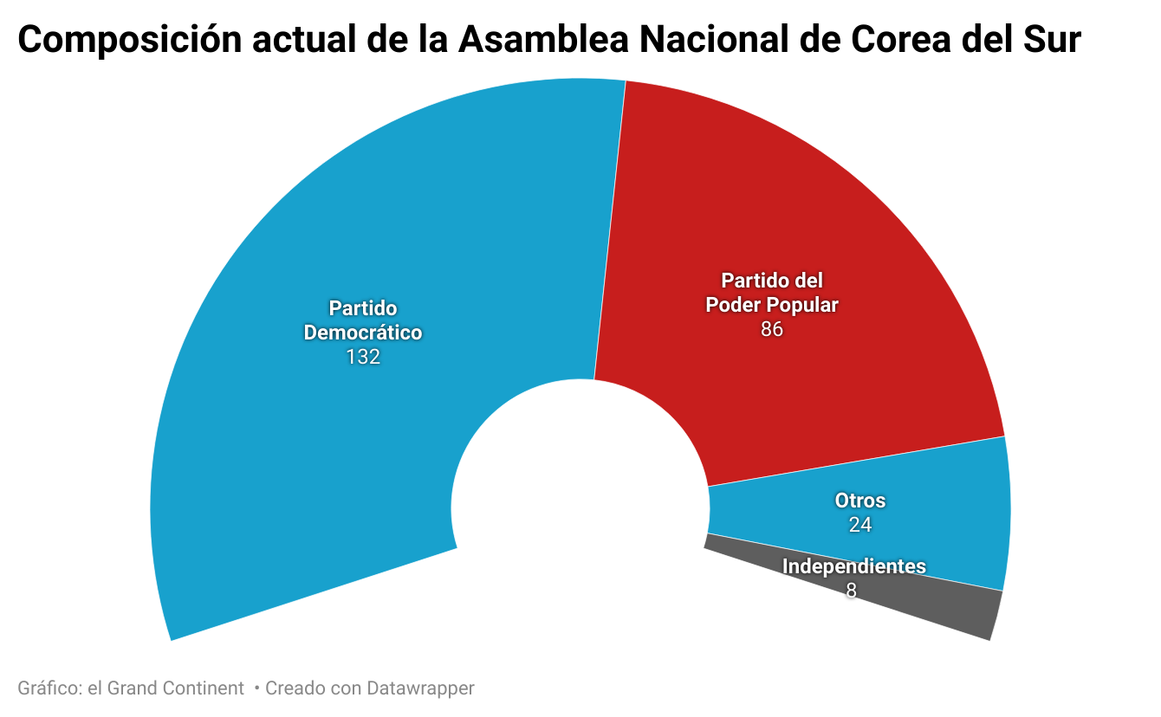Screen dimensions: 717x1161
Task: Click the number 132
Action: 363,357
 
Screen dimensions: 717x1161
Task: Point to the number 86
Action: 771,330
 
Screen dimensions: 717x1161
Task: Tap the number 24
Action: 859,525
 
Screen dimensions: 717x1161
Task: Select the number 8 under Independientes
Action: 852,591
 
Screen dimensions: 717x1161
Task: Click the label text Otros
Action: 859,501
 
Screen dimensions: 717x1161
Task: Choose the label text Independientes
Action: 853,566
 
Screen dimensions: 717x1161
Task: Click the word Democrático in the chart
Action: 363,333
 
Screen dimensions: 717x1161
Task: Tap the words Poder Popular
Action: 771,305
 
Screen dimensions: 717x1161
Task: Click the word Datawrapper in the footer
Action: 420,688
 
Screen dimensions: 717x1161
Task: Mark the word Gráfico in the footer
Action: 49,688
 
